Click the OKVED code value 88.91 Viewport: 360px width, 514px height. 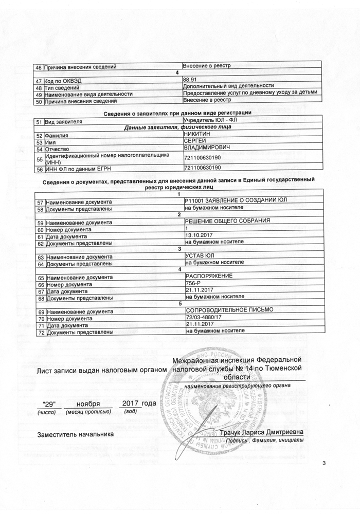pyautogui.click(x=190, y=80)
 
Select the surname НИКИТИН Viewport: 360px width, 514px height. pyautogui.click(x=197, y=135)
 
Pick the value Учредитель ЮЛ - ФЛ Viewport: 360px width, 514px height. pyautogui.click(x=211, y=120)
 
